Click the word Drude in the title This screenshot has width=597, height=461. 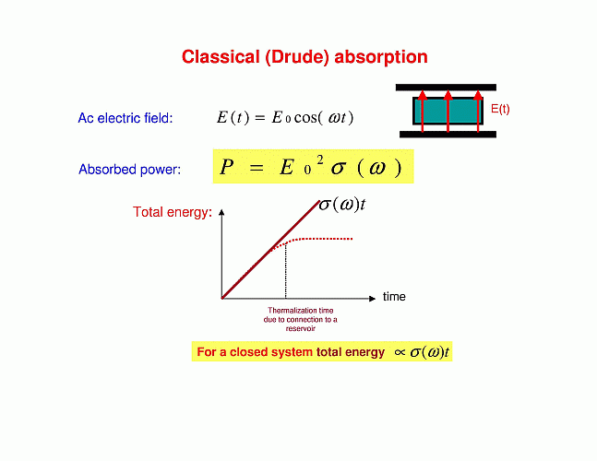point(297,57)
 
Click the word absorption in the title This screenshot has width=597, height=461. point(381,57)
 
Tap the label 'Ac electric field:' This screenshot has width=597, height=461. point(125,118)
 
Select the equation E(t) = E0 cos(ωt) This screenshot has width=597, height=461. point(285,117)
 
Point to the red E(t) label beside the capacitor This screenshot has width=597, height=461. point(500,109)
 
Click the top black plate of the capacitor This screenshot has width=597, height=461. point(446,88)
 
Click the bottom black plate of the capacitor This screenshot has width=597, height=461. point(448,135)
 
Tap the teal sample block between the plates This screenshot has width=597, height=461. point(448,111)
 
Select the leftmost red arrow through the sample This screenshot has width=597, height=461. point(423,111)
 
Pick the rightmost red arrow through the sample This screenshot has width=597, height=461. point(478,111)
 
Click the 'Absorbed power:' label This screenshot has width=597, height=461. point(129,170)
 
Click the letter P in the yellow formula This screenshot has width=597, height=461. point(227,167)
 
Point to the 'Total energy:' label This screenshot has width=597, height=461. point(173,212)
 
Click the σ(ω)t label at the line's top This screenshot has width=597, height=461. point(342,205)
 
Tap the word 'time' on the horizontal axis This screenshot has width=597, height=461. point(394,296)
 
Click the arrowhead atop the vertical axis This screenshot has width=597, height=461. point(221,212)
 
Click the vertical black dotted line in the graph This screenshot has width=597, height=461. point(285,271)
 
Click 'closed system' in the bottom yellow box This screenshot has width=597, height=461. point(271,352)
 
